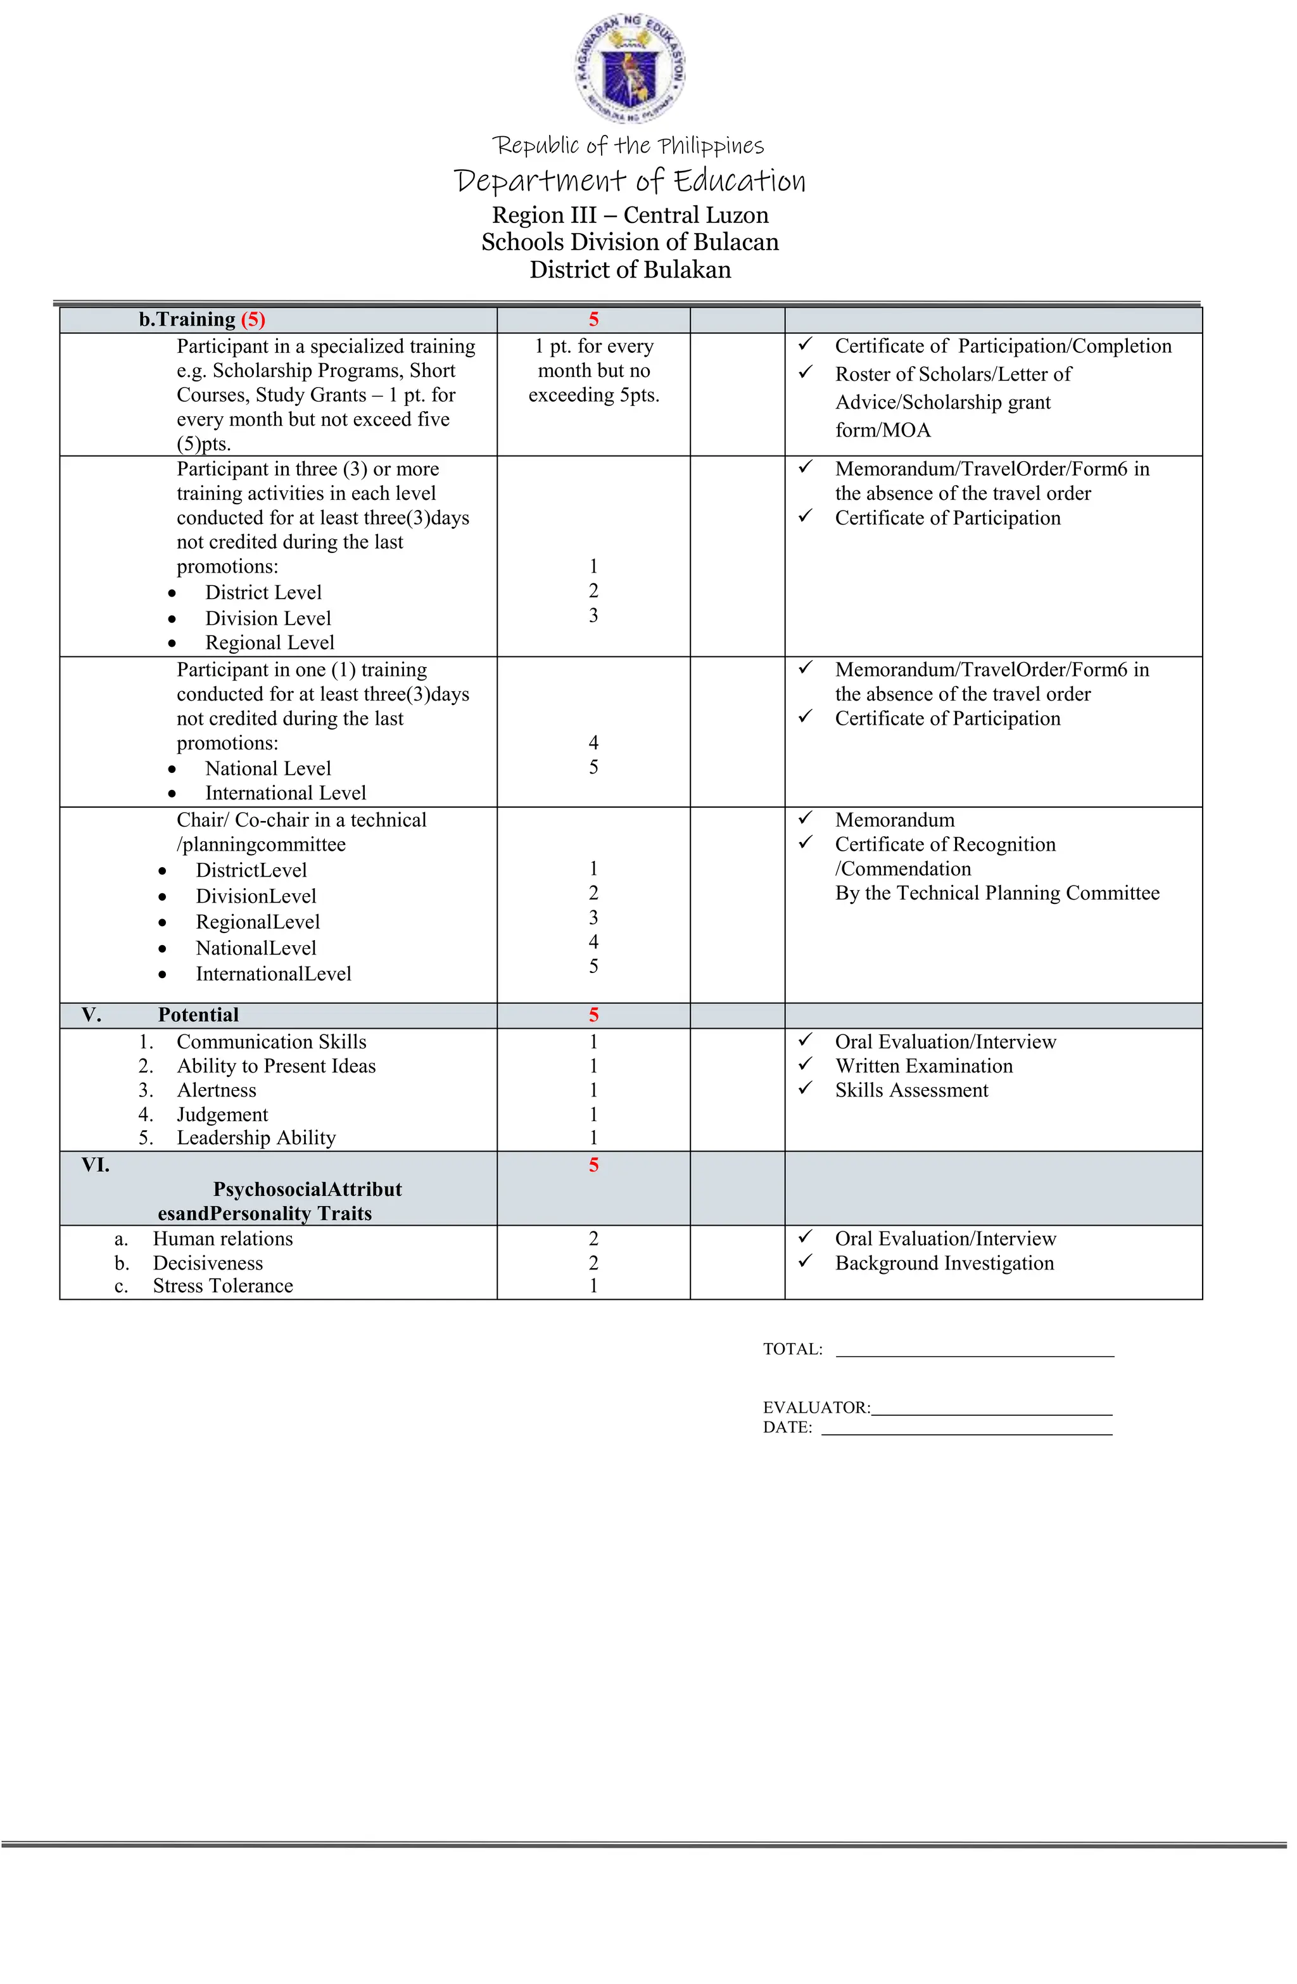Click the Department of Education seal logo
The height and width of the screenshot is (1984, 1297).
point(630,68)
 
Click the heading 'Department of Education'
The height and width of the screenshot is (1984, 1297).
point(630,180)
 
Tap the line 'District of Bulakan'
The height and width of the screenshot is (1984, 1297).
point(630,270)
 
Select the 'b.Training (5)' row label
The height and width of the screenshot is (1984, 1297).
point(202,319)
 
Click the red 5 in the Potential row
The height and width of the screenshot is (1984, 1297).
point(593,1015)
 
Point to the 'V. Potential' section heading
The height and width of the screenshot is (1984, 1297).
point(198,1015)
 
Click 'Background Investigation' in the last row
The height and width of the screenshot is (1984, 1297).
point(944,1263)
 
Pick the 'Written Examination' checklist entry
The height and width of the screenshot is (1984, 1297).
point(923,1066)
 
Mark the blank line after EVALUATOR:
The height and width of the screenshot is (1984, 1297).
point(991,1408)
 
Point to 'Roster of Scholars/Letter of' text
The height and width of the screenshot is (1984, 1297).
point(952,374)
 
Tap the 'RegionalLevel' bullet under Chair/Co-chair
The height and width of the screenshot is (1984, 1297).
point(258,922)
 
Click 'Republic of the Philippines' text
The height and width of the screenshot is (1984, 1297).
point(628,146)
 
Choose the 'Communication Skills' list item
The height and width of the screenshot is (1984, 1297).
point(271,1042)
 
